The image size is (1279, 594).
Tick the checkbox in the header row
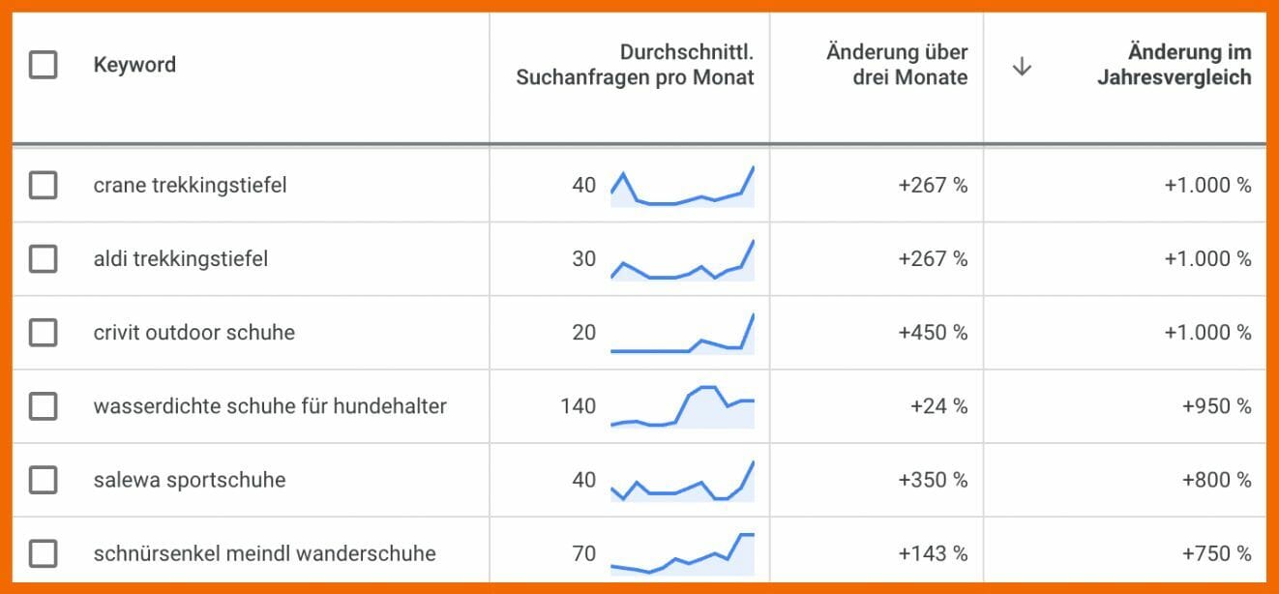click(43, 65)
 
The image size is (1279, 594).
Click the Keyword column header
click(134, 65)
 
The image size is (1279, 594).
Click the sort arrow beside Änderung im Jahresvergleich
click(1022, 67)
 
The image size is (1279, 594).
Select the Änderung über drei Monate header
click(897, 65)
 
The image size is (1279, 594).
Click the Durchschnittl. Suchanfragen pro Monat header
click(635, 65)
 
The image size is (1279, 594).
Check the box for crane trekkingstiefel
click(43, 185)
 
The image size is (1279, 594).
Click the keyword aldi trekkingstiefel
click(180, 259)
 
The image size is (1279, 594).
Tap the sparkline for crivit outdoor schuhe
click(682, 333)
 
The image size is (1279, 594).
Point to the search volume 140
click(578, 406)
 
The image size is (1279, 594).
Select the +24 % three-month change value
click(938, 406)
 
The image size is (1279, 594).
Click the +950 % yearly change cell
click(1216, 406)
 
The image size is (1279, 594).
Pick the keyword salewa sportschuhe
click(189, 480)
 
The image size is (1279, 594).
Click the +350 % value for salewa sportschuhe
click(933, 480)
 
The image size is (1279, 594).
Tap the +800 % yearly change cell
click(1216, 480)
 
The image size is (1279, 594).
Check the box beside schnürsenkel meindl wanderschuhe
click(43, 553)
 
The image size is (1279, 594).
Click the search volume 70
click(583, 553)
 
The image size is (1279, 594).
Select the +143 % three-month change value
click(933, 553)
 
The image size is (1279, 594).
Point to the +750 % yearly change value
click(1216, 553)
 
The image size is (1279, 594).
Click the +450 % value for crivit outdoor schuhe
click(933, 333)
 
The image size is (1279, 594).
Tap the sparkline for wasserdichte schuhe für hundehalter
click(682, 406)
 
